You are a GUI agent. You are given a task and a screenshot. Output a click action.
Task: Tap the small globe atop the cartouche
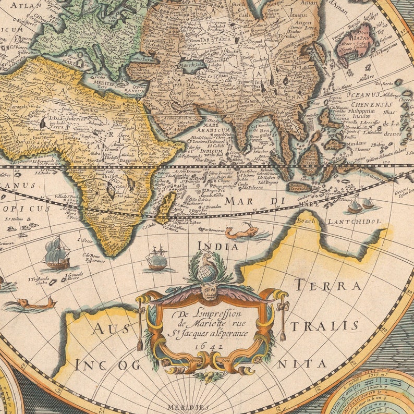tap(209, 272)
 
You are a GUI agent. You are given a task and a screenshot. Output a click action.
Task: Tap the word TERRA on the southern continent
tap(327, 286)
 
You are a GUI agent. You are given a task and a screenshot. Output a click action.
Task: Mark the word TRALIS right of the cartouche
tap(324, 326)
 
